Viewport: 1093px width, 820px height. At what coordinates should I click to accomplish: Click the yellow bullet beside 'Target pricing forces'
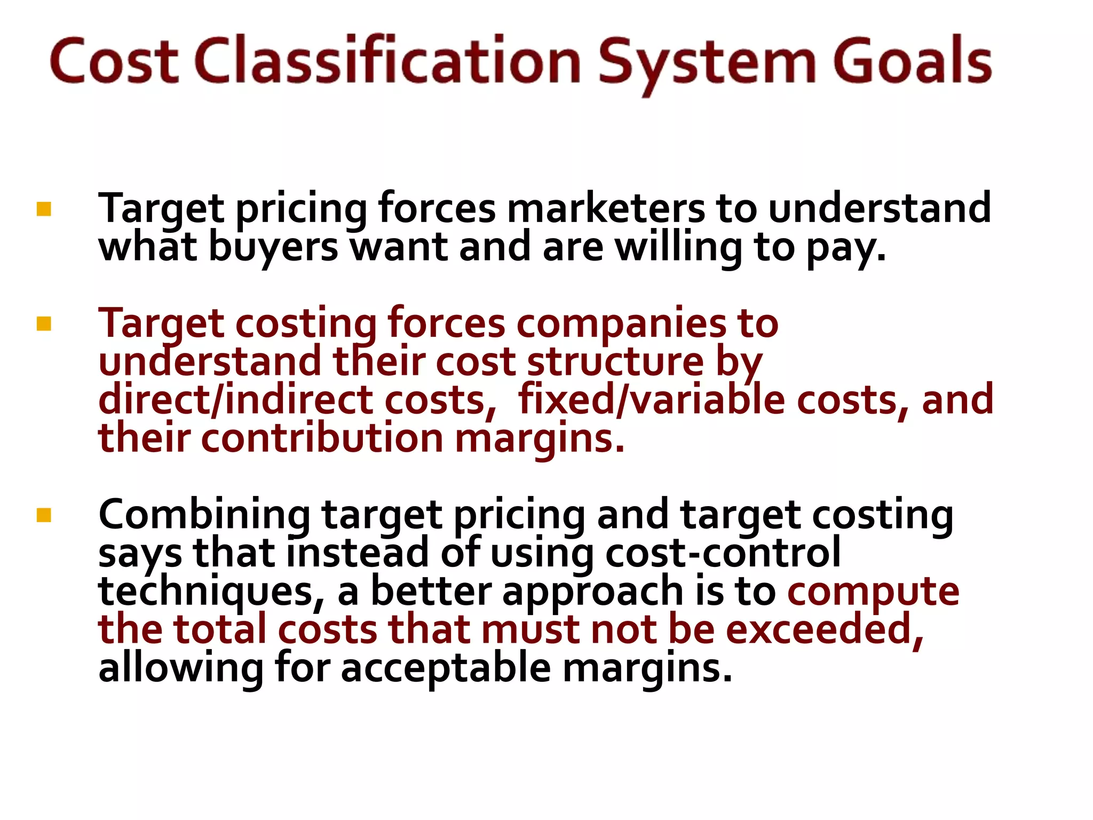[x=44, y=209]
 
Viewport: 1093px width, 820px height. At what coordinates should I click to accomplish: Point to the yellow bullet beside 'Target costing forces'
[x=44, y=324]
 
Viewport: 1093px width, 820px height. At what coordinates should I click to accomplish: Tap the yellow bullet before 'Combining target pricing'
[x=44, y=515]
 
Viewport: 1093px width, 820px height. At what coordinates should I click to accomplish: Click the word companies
[x=621, y=324]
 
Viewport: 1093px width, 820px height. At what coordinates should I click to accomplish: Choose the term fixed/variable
[x=651, y=400]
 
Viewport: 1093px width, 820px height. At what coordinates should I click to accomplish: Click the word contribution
[x=322, y=438]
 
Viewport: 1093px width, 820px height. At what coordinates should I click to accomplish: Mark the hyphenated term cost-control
[x=723, y=553]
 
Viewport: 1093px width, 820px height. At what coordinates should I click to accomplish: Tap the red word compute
[x=873, y=592]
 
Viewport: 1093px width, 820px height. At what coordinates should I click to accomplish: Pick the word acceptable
[x=446, y=668]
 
